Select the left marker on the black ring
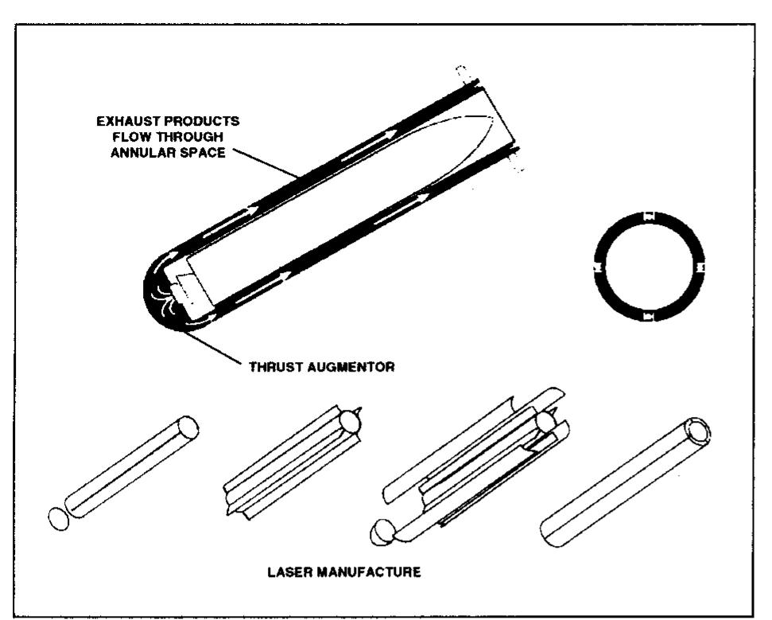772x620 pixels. [x=598, y=267]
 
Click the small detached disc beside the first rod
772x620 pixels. [x=56, y=519]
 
